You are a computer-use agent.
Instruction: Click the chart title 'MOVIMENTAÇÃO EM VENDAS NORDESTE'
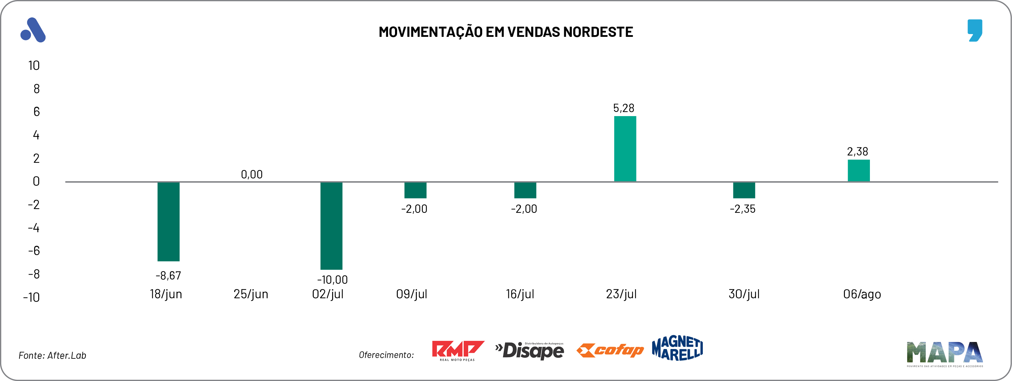[505, 32]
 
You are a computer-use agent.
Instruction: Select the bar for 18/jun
[168, 221]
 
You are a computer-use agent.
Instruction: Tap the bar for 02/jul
[331, 226]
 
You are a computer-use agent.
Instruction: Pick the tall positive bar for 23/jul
[625, 149]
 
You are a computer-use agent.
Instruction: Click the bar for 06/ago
[858, 171]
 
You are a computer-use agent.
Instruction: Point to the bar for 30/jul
[744, 190]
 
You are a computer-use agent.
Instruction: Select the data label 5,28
[624, 108]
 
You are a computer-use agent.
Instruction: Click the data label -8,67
[168, 276]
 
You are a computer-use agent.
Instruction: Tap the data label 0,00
[252, 175]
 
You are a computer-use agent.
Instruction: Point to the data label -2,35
[742, 209]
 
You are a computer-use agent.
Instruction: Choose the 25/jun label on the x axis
[250, 294]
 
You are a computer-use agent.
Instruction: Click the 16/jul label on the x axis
[520, 294]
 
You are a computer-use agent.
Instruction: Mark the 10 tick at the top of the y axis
[34, 66]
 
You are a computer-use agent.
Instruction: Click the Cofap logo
[610, 350]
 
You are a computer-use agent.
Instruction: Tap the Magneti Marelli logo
[677, 348]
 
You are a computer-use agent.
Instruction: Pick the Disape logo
[529, 350]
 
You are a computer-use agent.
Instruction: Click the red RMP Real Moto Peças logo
[458, 350]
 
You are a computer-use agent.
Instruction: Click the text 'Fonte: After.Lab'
[52, 355]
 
